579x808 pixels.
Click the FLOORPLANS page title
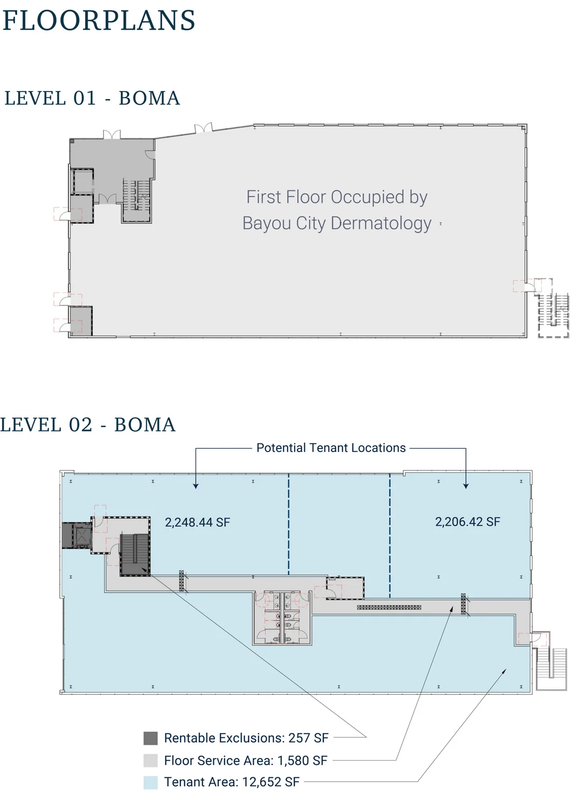click(x=99, y=20)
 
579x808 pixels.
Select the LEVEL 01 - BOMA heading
click(x=92, y=98)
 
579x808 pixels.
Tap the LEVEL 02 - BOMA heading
click(x=88, y=425)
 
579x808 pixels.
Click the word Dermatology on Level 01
click(x=381, y=224)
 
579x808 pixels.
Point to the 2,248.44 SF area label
click(x=197, y=523)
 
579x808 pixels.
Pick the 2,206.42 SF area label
click(x=468, y=521)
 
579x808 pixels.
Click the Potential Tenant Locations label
click(x=331, y=448)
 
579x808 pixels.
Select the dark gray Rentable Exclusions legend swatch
click(x=150, y=739)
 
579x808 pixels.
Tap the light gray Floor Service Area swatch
click(x=150, y=761)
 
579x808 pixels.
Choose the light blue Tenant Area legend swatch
click(x=150, y=782)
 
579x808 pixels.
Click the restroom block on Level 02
click(x=282, y=617)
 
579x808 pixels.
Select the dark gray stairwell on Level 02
click(x=135, y=554)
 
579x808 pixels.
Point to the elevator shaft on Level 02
click(x=82, y=535)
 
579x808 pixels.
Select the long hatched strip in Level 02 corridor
click(x=389, y=608)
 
